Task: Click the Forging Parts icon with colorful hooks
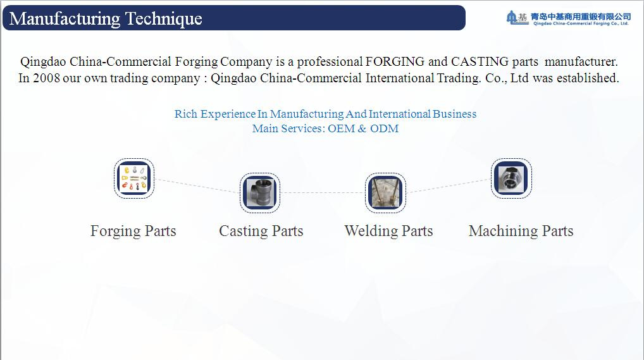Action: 134,178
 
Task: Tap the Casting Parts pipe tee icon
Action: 259,193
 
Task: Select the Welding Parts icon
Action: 385,193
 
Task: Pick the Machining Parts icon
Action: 511,178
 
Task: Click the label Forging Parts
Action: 133,232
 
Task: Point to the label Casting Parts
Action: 261,232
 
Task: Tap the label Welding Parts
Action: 388,232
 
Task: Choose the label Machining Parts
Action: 521,232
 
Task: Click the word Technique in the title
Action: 163,19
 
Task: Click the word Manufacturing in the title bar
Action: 65,19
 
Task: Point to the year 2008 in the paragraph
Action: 46,78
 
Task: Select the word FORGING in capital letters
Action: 395,61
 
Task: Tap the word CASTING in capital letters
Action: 480,61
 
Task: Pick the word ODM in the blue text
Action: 385,128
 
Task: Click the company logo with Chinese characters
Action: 569,18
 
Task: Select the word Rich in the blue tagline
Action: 185,114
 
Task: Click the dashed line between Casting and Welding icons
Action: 323,193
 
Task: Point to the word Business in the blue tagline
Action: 455,114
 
